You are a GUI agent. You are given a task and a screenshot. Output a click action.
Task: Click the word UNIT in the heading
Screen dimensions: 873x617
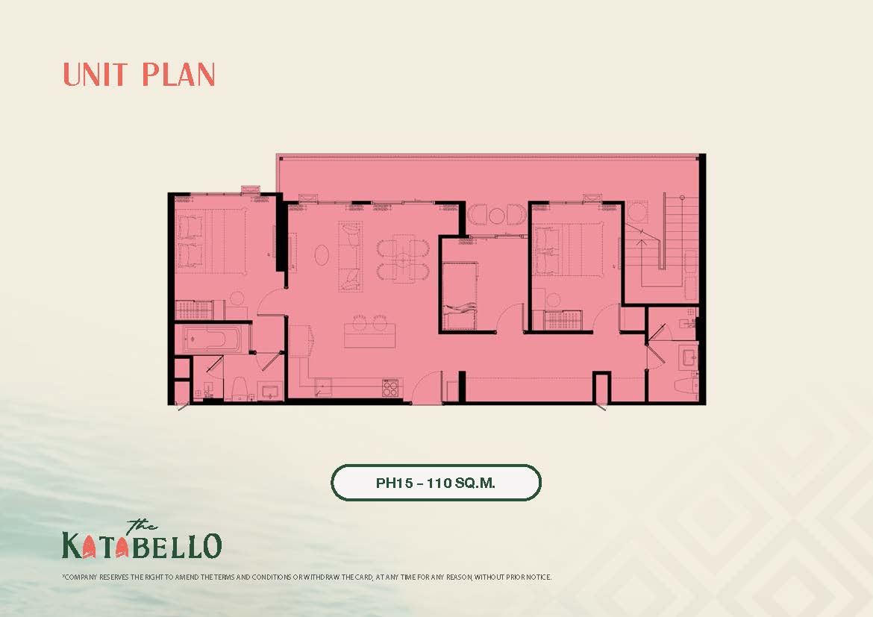point(96,75)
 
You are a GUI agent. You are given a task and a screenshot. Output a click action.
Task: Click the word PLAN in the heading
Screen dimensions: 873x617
point(178,75)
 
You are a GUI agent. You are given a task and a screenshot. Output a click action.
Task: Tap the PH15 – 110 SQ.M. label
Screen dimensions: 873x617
point(436,483)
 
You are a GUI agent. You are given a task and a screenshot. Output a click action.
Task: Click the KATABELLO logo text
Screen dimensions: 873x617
point(142,545)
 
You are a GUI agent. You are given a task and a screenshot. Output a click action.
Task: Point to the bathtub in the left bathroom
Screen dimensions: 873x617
point(213,338)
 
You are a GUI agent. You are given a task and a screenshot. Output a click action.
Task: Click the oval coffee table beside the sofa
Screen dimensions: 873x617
point(322,255)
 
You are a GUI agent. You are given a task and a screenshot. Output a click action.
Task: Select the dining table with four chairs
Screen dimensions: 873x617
point(403,259)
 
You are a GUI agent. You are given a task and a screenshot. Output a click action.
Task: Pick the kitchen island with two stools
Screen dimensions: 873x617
point(369,331)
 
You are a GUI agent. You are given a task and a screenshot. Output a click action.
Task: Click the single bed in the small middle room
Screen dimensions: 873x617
point(460,295)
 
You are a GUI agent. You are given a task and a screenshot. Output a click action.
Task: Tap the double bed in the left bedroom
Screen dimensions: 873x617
point(212,242)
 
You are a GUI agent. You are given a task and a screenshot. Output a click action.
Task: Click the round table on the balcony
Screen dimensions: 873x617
point(496,215)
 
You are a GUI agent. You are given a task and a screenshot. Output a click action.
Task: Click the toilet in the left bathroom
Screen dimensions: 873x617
point(239,388)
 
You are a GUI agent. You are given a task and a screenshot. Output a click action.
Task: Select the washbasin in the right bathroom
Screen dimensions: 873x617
point(689,357)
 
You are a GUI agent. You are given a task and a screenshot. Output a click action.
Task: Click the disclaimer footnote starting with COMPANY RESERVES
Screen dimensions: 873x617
point(307,577)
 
